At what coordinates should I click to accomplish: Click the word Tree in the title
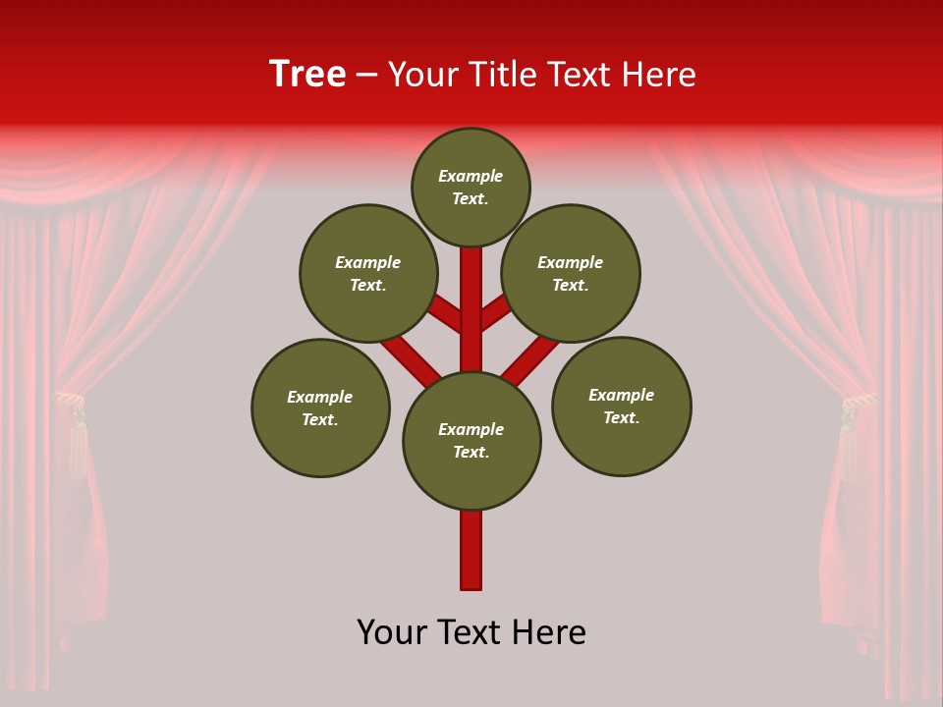pyautogui.click(x=307, y=74)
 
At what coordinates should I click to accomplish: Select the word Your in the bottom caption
pyautogui.click(x=390, y=632)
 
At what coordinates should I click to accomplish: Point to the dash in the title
pyautogui.click(x=366, y=75)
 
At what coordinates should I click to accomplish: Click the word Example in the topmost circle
pyautogui.click(x=471, y=176)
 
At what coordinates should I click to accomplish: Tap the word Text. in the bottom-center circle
pyautogui.click(x=471, y=453)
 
